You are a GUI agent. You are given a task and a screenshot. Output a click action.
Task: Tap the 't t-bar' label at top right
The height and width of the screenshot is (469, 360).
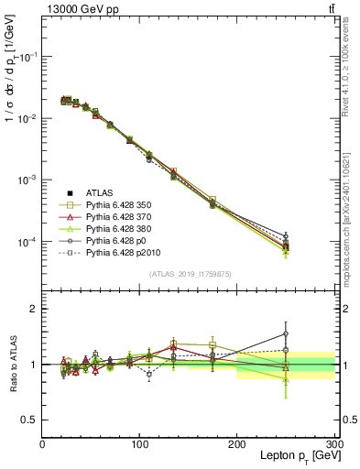[330, 8]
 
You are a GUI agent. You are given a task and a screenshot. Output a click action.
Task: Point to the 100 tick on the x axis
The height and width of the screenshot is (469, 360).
[139, 444]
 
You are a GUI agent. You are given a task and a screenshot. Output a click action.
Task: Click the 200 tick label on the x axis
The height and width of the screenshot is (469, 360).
[236, 444]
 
